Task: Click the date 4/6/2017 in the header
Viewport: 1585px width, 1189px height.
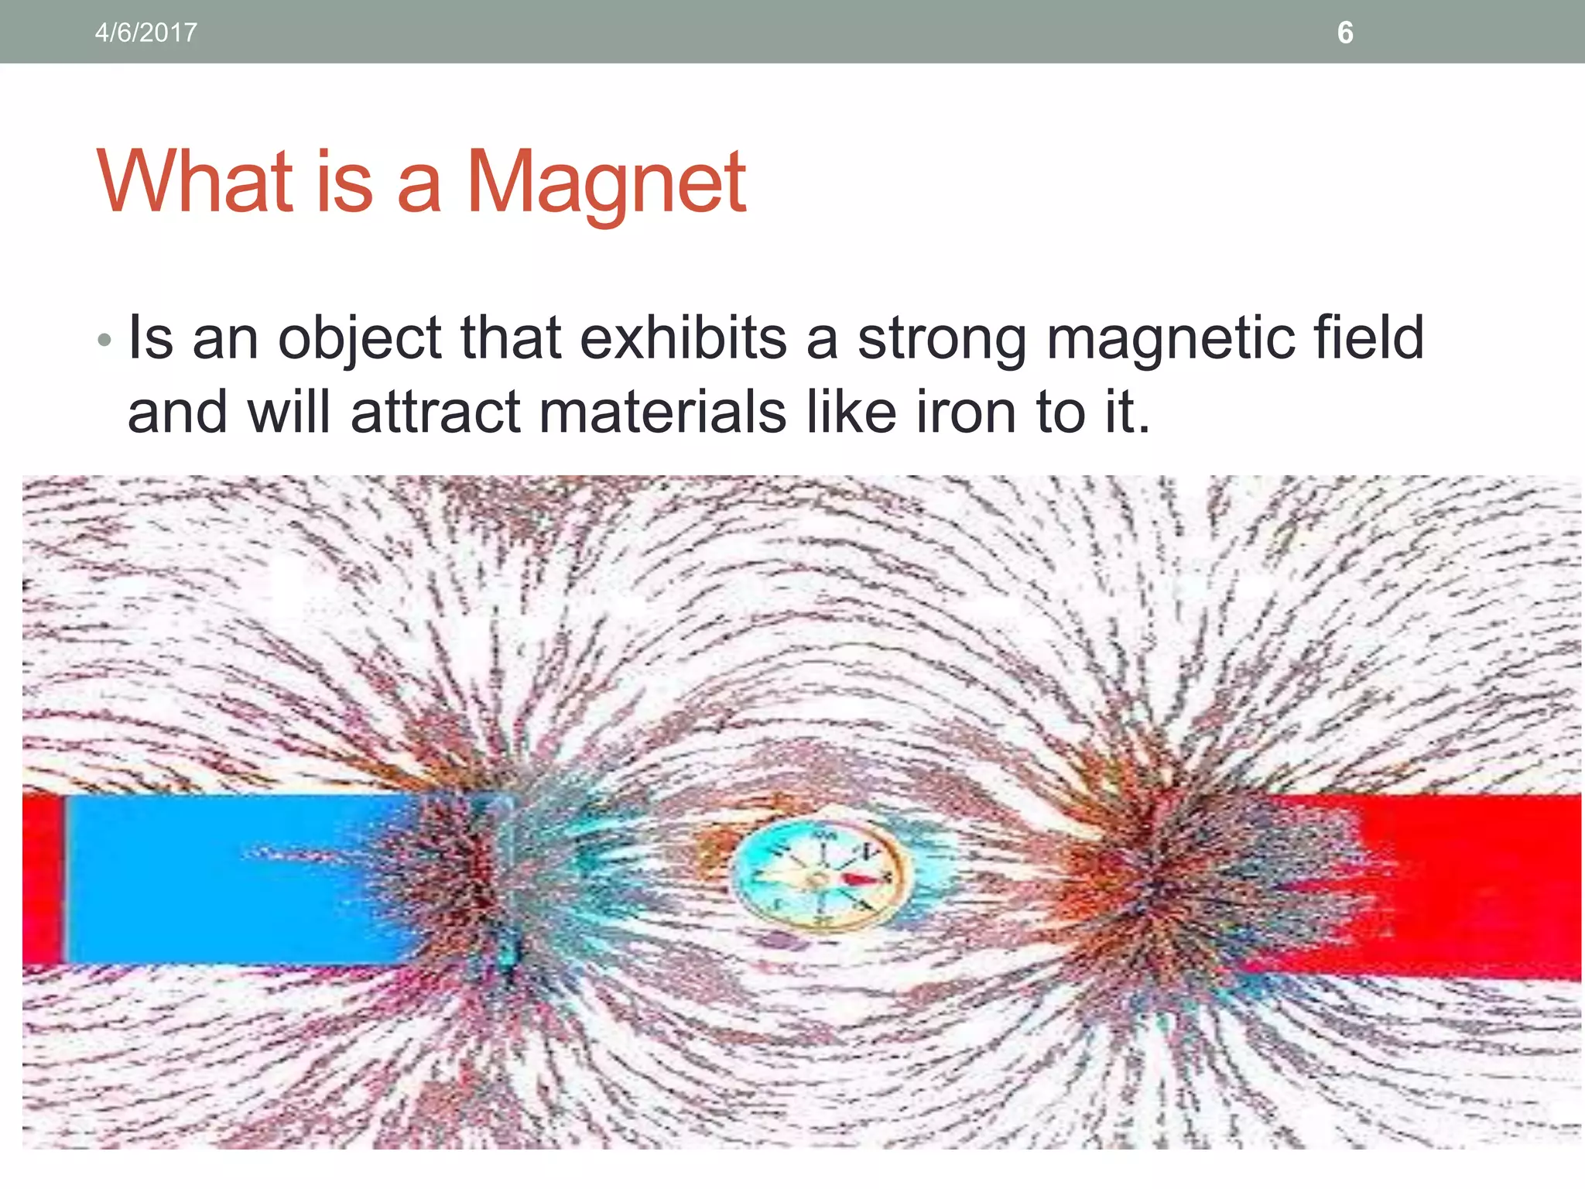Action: (x=145, y=33)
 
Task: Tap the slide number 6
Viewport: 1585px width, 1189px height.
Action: (x=1345, y=33)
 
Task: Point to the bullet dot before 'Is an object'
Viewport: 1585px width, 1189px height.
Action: (x=105, y=340)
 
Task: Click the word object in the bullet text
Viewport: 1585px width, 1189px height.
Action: (x=360, y=339)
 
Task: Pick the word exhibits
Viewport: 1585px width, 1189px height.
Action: (x=683, y=338)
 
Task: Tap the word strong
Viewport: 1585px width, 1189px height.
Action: (x=943, y=339)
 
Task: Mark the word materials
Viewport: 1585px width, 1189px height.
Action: (x=662, y=412)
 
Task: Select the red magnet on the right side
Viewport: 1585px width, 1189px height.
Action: (x=1470, y=882)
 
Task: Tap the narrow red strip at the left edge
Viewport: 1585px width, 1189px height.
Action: (x=42, y=879)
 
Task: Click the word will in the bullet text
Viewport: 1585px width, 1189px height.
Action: (x=288, y=412)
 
